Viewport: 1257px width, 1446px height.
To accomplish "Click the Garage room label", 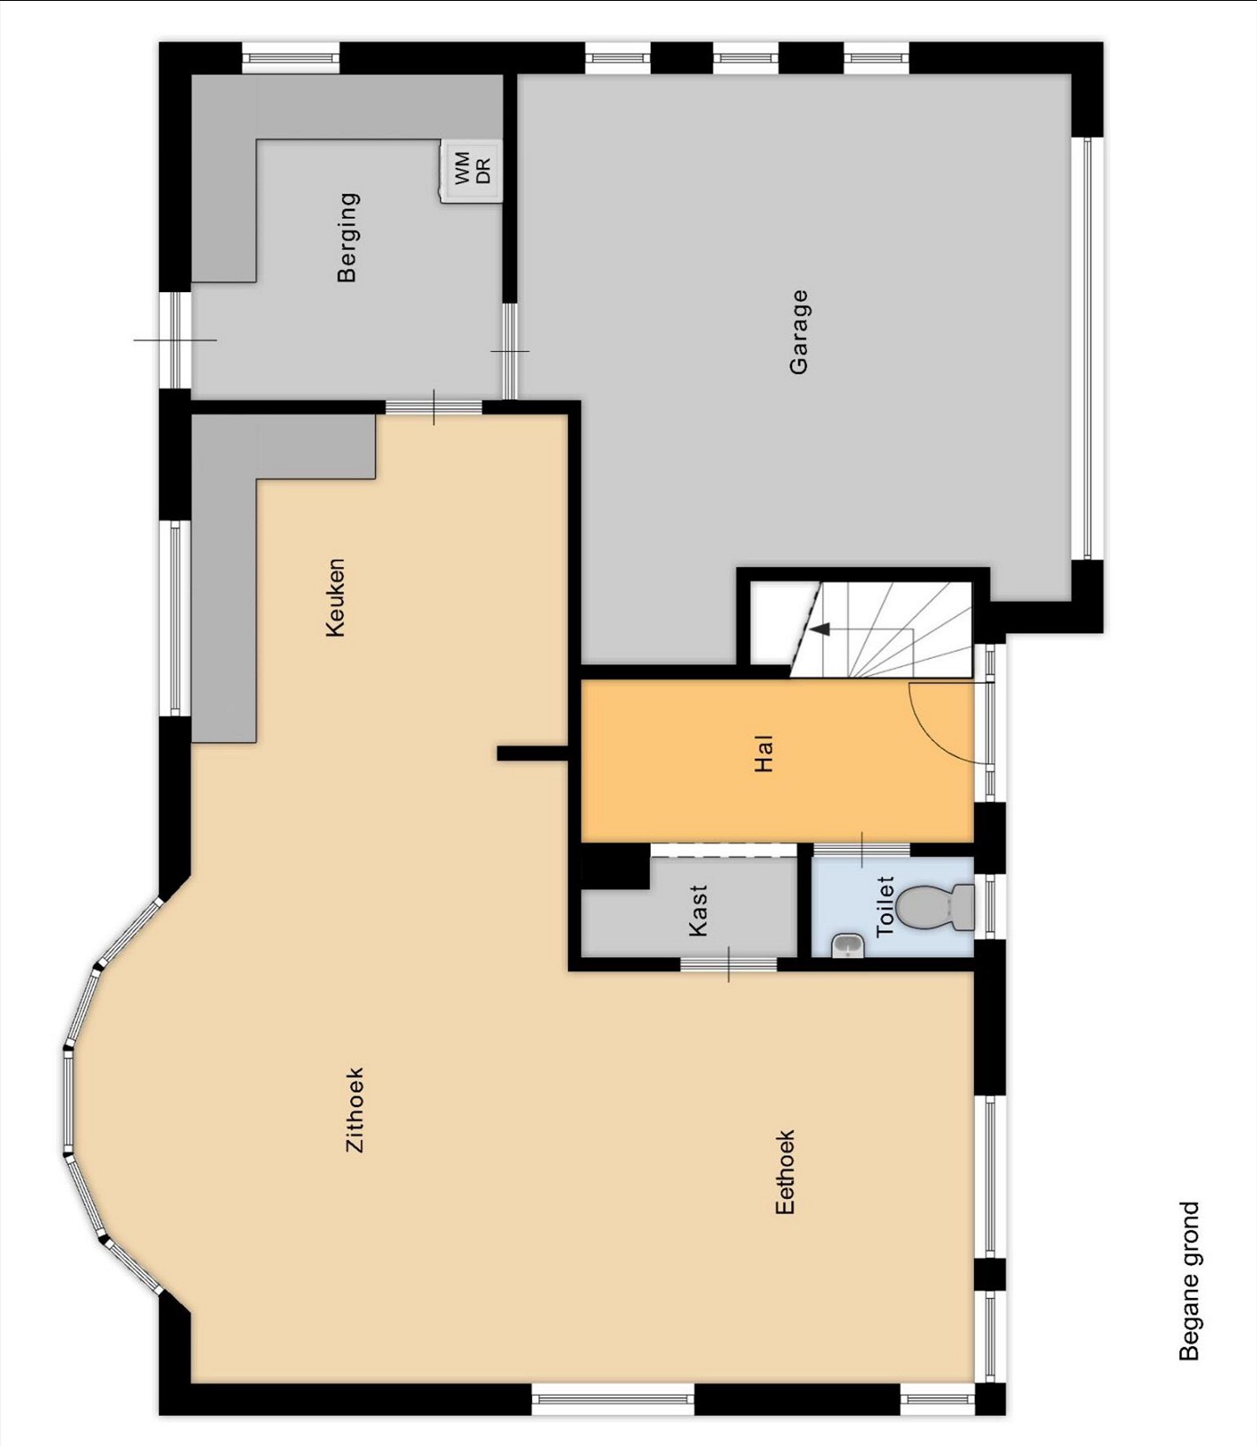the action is tap(798, 332).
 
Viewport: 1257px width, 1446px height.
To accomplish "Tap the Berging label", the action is tap(348, 237).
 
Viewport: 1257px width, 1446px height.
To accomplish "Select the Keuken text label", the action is tap(335, 597).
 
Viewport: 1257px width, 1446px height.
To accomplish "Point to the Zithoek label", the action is tap(354, 1110).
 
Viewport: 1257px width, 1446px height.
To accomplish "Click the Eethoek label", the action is tap(784, 1172).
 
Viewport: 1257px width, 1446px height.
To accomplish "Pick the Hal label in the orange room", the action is tap(764, 753).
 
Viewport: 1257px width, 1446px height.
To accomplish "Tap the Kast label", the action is tap(698, 910).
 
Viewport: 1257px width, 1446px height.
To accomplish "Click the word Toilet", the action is tap(885, 906).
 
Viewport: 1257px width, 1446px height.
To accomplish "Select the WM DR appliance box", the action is tap(471, 171).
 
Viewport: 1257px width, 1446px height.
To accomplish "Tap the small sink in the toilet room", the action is tap(849, 946).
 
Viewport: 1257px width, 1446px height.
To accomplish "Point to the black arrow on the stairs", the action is tap(820, 629).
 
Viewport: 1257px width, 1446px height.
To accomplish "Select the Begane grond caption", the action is tap(1189, 1281).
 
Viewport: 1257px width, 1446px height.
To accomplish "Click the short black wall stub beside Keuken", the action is tap(532, 753).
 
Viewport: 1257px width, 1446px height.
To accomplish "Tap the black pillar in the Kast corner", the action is tap(615, 867).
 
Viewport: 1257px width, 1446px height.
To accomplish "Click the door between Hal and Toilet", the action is tap(861, 849).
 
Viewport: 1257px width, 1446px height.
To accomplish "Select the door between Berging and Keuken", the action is tap(434, 407).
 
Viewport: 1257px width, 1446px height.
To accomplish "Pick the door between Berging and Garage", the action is tap(510, 351).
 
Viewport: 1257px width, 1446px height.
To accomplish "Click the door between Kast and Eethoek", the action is tap(729, 963).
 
